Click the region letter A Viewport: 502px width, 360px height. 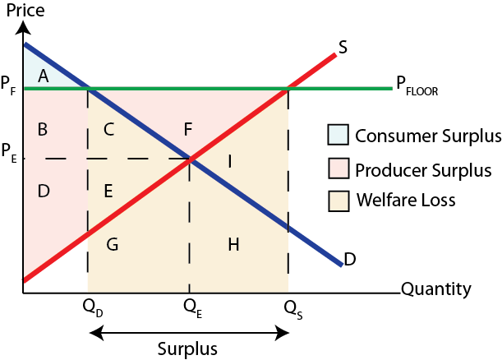[x=44, y=76]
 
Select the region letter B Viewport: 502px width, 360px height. [x=43, y=129]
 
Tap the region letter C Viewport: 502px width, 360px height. [x=108, y=129]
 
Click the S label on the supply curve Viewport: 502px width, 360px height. [x=343, y=48]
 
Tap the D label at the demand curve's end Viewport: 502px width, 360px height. [x=350, y=260]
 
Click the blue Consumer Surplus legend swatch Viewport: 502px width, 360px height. [x=338, y=134]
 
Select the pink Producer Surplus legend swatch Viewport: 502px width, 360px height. [x=338, y=169]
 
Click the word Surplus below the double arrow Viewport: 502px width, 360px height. [x=189, y=348]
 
